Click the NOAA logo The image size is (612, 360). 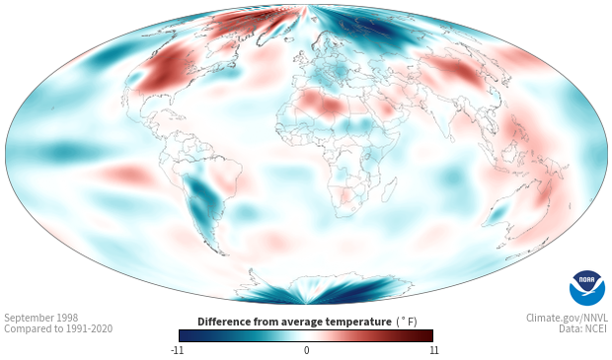[587, 288]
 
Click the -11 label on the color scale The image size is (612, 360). [178, 350]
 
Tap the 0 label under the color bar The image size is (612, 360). [306, 350]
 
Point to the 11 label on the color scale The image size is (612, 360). [433, 350]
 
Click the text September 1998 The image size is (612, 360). [41, 318]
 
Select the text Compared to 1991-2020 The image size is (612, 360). [58, 328]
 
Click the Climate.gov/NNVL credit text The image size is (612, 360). [567, 318]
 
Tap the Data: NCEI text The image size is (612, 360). [583, 328]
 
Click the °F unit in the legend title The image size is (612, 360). [407, 323]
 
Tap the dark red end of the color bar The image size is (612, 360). [426, 335]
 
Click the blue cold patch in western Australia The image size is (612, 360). [497, 213]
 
